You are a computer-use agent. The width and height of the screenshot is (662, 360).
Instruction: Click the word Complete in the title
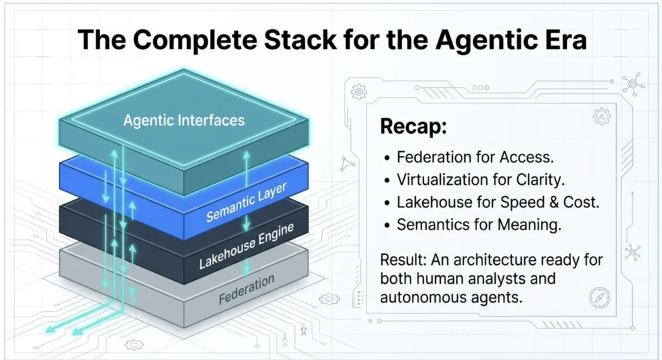(195, 41)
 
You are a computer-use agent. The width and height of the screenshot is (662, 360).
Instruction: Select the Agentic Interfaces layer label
(184, 120)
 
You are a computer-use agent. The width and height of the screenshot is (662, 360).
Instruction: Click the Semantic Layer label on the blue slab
(246, 202)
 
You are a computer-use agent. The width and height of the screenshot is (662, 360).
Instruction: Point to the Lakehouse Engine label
(246, 246)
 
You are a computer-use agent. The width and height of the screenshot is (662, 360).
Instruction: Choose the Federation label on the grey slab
(246, 289)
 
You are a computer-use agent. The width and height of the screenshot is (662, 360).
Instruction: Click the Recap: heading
(413, 126)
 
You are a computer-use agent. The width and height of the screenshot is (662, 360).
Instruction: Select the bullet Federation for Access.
(475, 157)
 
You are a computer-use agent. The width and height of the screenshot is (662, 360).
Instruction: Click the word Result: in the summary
(403, 260)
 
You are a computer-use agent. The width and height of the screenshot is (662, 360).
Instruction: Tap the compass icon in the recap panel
(599, 297)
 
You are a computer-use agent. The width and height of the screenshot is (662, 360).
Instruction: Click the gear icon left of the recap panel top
(359, 92)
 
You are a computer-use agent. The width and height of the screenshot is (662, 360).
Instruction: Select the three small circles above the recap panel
(480, 88)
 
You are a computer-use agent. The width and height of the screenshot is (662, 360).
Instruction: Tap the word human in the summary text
(440, 279)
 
